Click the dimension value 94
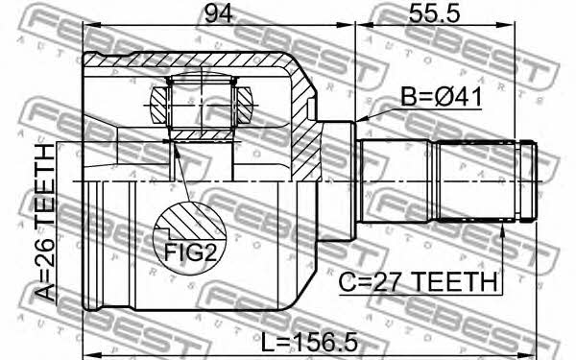tap(219, 14)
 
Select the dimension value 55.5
tap(434, 14)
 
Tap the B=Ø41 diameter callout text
tap(441, 97)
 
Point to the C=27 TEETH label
tap(418, 281)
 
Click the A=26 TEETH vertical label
tap(45, 223)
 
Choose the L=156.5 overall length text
tap(309, 343)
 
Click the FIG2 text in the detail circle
tap(190, 252)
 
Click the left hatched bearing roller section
tap(159, 105)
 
